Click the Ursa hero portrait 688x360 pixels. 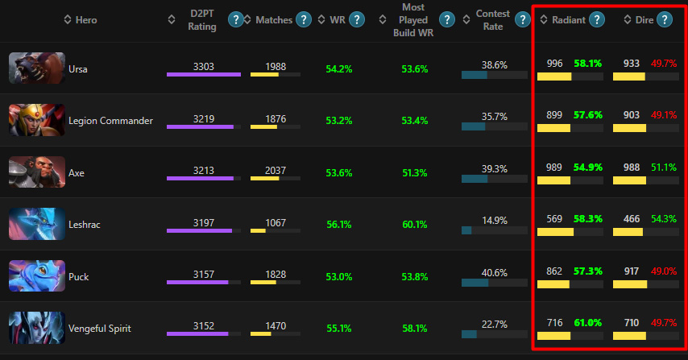click(37, 68)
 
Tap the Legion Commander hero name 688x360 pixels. click(111, 121)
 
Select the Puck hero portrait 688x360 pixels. click(37, 276)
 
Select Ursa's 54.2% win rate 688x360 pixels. click(339, 69)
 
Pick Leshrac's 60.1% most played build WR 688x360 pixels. click(414, 225)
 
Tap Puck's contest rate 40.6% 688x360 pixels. click(494, 272)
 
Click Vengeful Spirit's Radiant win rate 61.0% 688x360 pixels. click(588, 323)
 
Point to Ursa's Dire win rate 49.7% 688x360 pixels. click(665, 63)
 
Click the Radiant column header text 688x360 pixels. click(569, 19)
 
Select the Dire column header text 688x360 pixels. click(639, 19)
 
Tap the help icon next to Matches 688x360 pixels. click(304, 19)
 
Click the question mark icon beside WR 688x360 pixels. click(357, 19)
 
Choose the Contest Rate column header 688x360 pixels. click(493, 19)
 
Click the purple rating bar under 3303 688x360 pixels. click(204, 75)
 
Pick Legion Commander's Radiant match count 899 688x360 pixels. click(554, 115)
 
